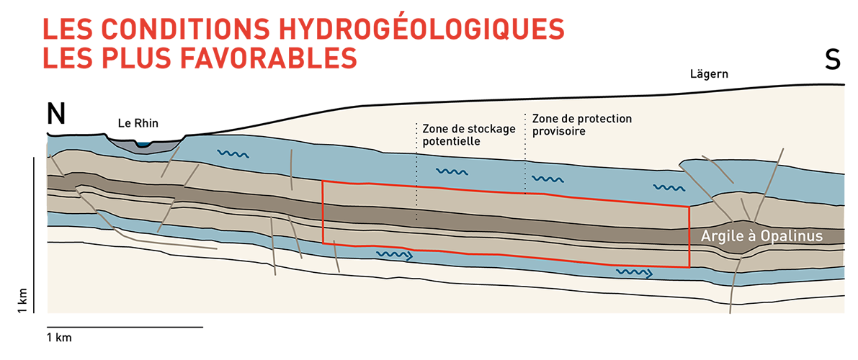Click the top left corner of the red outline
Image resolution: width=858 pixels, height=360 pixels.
coord(323,181)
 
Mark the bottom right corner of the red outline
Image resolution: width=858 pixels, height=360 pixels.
coord(689,267)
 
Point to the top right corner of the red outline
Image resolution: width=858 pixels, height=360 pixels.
coord(689,207)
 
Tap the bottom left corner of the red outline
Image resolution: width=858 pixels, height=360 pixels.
coord(323,243)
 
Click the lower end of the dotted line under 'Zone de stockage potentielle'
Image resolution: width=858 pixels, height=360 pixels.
coord(416,220)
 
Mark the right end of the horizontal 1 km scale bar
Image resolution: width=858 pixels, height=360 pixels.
coord(203,327)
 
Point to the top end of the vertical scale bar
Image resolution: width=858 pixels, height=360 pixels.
coord(35,158)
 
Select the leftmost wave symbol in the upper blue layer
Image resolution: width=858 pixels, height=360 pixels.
coord(233,154)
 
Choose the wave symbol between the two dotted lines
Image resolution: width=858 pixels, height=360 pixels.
coord(452,172)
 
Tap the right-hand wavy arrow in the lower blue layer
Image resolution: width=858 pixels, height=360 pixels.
coord(634,272)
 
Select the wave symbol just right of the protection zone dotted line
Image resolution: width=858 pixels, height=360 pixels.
coord(547,179)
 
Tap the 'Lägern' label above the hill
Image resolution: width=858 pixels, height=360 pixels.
coord(710,73)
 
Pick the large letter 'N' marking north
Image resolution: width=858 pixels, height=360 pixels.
coord(55,114)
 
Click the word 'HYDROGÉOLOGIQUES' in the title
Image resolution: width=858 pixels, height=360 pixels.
coord(377,30)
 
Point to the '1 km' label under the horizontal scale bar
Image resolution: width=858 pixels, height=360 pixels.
coord(60,338)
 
